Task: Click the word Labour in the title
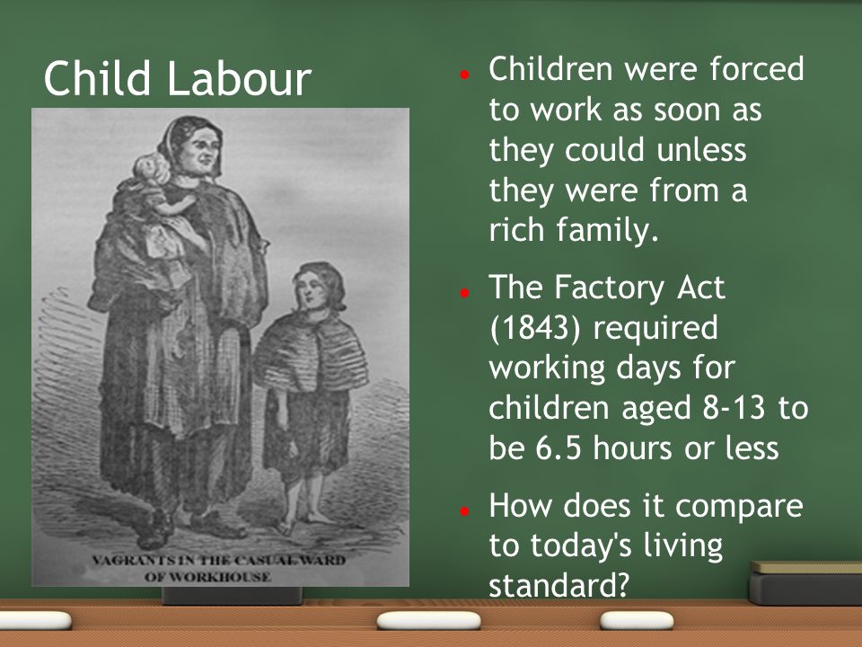pos(239,78)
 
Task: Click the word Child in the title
pos(97,78)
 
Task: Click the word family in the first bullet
pos(607,230)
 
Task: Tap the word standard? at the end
pos(559,584)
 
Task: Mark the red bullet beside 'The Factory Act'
pos(464,293)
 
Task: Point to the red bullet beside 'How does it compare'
pos(464,511)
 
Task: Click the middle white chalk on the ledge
pos(429,621)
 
